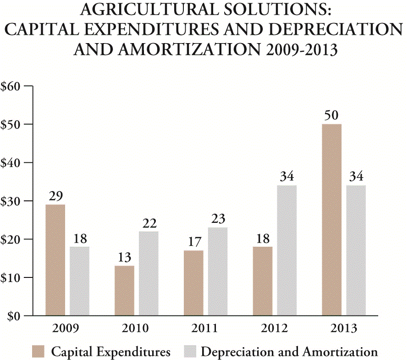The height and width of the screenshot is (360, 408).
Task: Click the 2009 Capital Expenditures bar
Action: [x=55, y=260]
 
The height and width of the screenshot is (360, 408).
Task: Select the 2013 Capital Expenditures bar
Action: [x=331, y=220]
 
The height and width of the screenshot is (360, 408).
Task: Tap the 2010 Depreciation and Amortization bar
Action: [x=149, y=273]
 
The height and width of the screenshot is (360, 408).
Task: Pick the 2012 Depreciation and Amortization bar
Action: [x=287, y=250]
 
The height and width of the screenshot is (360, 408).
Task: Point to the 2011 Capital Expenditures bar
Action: [x=193, y=283]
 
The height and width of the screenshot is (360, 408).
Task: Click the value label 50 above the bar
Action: [x=331, y=115]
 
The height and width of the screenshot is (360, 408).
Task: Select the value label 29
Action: [x=55, y=196]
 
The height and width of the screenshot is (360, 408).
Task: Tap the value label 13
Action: [x=124, y=257]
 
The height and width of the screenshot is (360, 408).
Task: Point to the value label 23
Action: [x=217, y=219]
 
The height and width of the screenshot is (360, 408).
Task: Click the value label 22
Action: [x=149, y=223]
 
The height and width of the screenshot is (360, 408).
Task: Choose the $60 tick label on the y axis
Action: [x=12, y=86]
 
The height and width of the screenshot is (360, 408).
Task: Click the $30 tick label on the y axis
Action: [x=12, y=201]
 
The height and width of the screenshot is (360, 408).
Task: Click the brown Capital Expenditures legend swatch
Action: [x=39, y=352]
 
